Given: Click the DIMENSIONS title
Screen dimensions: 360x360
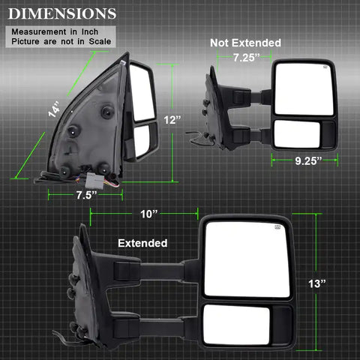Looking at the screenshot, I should (62, 13).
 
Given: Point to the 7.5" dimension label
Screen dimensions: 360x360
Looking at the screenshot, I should (85, 193).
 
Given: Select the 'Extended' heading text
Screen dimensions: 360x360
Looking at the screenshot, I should (142, 243).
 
